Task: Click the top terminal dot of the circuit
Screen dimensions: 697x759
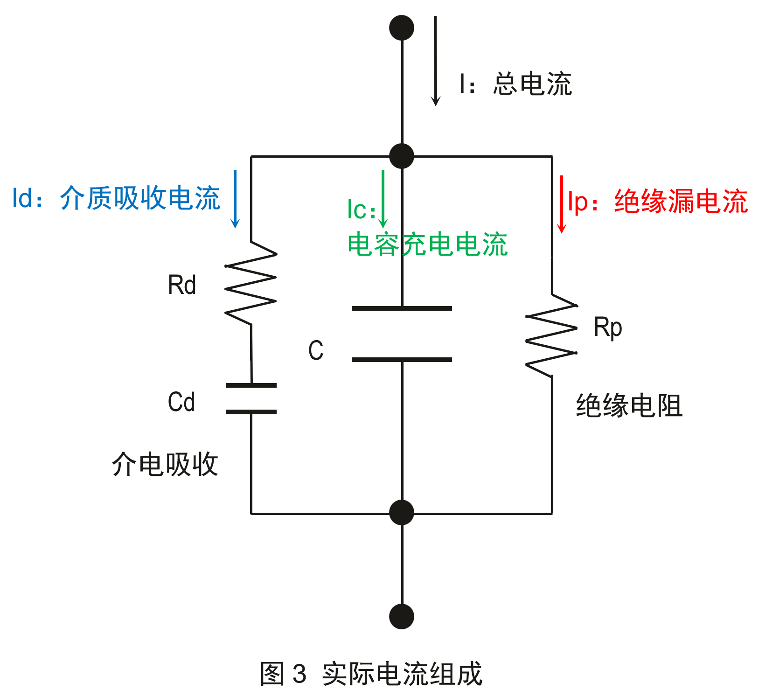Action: [401, 28]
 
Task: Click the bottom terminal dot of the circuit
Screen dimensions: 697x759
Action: [401, 616]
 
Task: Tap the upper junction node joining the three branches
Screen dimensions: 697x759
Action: [401, 156]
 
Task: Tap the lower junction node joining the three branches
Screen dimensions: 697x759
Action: [401, 512]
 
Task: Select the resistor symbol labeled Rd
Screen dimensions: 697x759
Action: [251, 283]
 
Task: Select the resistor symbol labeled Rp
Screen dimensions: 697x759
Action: [552, 335]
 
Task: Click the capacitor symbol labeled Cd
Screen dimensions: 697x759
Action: [251, 398]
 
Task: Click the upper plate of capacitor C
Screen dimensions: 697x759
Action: [402, 308]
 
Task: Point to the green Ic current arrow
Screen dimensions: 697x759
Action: [383, 199]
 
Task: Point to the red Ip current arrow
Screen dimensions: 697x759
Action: [562, 204]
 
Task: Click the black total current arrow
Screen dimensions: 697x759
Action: [435, 61]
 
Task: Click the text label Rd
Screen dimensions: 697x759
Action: [182, 285]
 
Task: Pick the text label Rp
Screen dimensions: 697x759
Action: [607, 328]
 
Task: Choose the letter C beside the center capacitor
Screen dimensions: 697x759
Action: [316, 350]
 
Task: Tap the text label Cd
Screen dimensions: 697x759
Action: [181, 402]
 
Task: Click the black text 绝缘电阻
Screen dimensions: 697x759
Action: [629, 405]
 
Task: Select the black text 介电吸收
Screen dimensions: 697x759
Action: [165, 464]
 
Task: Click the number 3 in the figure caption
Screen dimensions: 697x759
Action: [299, 674]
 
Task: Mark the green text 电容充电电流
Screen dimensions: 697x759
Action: [427, 244]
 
